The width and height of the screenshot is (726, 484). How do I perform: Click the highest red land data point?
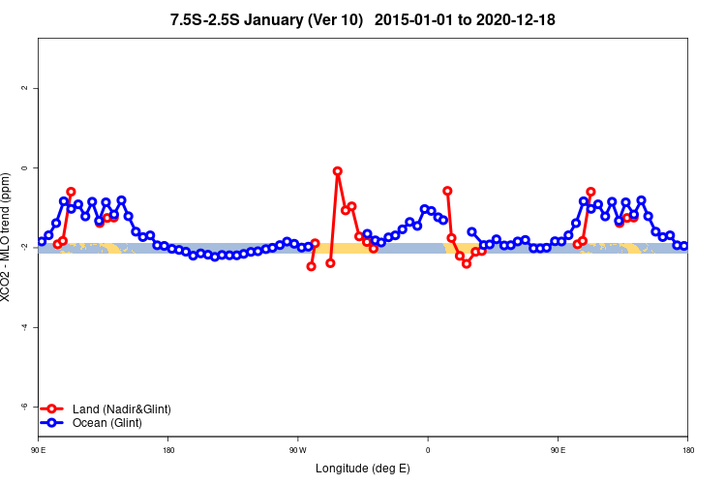coord(338,171)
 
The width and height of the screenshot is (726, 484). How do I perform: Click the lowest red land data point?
coord(311,266)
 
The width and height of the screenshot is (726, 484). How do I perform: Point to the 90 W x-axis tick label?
coord(296,450)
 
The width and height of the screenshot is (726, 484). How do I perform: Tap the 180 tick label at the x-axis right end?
coord(687,450)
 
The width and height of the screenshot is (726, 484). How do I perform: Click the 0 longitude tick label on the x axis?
coord(428,450)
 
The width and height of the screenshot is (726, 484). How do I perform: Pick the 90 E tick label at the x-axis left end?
coord(38,450)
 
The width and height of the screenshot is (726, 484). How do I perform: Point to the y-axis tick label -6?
coord(23,407)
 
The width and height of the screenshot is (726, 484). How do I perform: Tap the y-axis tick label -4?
coord(23,327)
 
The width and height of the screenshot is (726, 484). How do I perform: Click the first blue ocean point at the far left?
coord(42,241)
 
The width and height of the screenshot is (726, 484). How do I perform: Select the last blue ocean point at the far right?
coord(684,246)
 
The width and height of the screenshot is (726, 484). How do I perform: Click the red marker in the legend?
coord(52,409)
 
